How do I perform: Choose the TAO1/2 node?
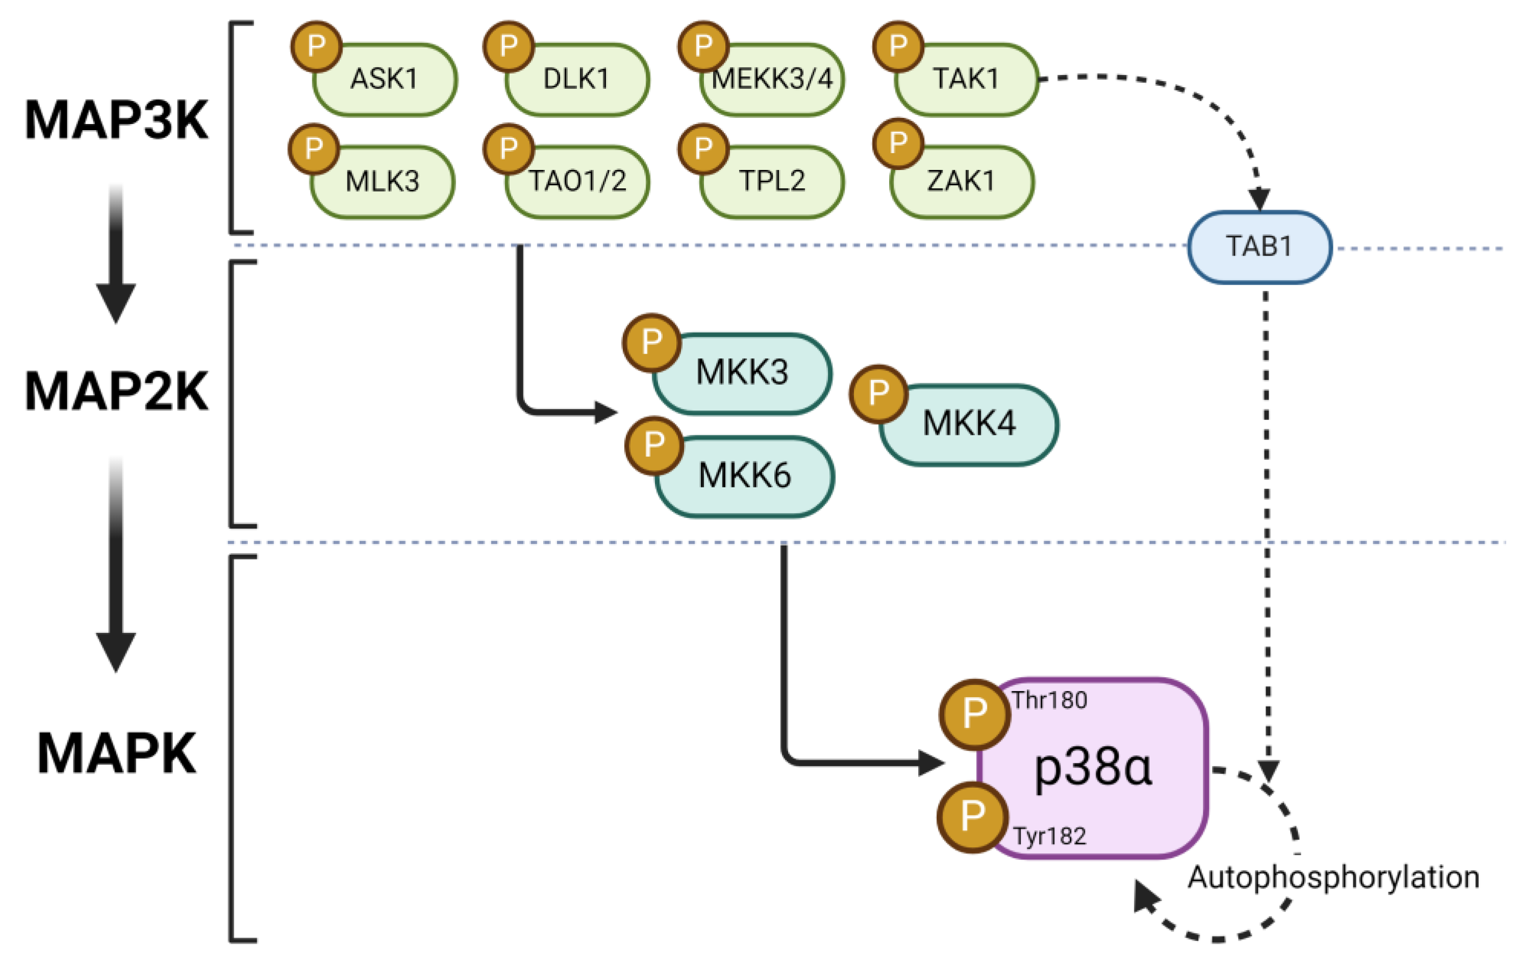click(x=577, y=182)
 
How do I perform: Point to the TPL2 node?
click(x=773, y=182)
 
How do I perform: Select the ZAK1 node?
click(x=962, y=182)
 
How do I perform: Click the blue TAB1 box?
click(x=1259, y=246)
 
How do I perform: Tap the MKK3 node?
click(x=742, y=373)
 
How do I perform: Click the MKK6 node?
click(x=745, y=476)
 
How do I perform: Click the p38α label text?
click(x=1094, y=768)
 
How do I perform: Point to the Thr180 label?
click(x=1049, y=701)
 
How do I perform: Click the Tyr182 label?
click(x=1049, y=836)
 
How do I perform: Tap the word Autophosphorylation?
click(x=1333, y=877)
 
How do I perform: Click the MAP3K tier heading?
click(x=116, y=120)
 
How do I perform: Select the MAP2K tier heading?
click(x=116, y=391)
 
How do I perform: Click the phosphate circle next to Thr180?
click(x=975, y=714)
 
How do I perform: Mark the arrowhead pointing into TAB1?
click(x=1259, y=200)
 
